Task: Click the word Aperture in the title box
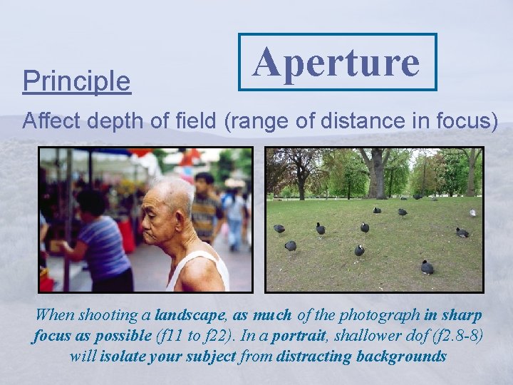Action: pos(336,62)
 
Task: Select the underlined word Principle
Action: pos(76,81)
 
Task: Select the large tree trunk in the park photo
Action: pos(376,175)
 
